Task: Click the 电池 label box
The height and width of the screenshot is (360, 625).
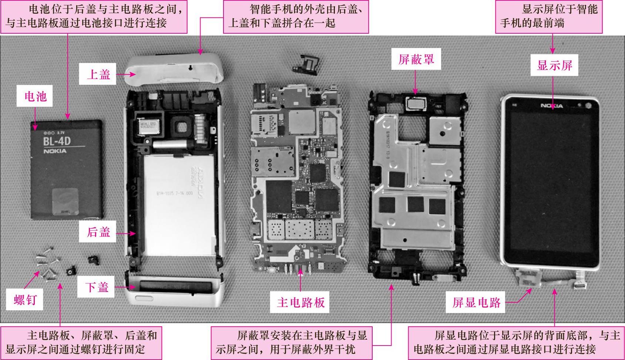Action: tap(34, 96)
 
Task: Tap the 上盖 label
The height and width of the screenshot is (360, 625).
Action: tap(98, 74)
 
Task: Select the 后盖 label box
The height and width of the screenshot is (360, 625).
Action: tap(98, 232)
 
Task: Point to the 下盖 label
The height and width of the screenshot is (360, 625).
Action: tap(96, 287)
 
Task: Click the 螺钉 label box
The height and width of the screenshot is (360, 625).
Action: tap(24, 299)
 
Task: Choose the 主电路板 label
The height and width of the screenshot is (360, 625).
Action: tap(300, 302)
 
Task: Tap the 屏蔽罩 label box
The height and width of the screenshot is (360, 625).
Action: tap(416, 59)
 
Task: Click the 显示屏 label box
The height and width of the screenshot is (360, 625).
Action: tap(554, 65)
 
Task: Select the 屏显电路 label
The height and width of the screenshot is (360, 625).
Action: tap(476, 302)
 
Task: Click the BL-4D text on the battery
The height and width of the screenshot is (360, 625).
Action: tap(57, 141)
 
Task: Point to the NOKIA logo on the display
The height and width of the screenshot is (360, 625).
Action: tap(552, 106)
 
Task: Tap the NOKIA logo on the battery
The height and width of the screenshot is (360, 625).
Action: tap(55, 151)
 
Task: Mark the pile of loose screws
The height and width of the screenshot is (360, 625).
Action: tap(48, 263)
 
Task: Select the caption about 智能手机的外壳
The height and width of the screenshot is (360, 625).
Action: tap(296, 17)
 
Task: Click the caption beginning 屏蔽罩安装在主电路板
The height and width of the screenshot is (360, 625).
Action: tap(292, 343)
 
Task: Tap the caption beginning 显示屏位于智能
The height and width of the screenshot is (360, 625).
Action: tap(549, 17)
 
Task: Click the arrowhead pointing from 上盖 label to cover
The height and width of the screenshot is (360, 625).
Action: tap(133, 74)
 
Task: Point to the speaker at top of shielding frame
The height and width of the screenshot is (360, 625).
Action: tap(416, 104)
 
